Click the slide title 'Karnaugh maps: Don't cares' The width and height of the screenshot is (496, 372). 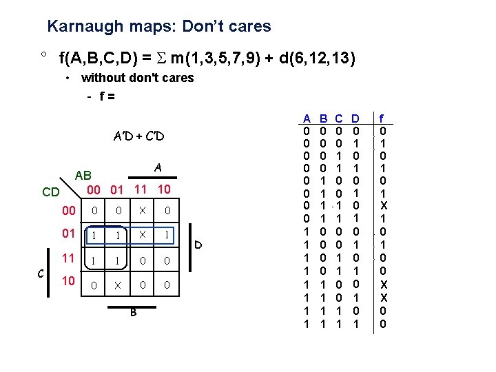point(159,27)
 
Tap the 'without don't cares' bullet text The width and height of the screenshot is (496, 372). point(138,78)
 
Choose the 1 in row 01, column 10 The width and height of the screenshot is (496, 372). point(166,235)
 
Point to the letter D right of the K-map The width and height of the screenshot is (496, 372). point(197,245)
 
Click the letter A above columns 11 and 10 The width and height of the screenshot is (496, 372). point(158,167)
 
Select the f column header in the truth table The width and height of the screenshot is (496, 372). point(383,119)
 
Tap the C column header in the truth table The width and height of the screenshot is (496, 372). point(338,119)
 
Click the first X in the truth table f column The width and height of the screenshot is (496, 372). point(383,205)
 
